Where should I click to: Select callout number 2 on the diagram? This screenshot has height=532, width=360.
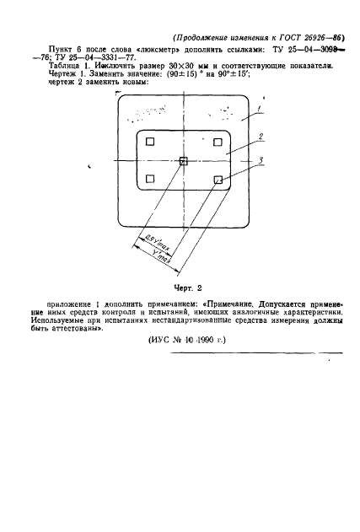[x=262, y=137]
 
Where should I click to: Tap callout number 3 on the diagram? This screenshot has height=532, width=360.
[x=262, y=159]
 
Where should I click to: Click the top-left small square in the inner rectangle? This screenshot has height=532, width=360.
[x=149, y=142]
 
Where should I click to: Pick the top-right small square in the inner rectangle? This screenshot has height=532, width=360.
[x=218, y=142]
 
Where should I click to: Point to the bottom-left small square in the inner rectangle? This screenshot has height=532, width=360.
[x=149, y=178]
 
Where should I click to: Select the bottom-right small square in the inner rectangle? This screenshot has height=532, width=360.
[x=218, y=179]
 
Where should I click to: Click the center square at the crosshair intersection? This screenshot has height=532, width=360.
[x=184, y=160]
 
